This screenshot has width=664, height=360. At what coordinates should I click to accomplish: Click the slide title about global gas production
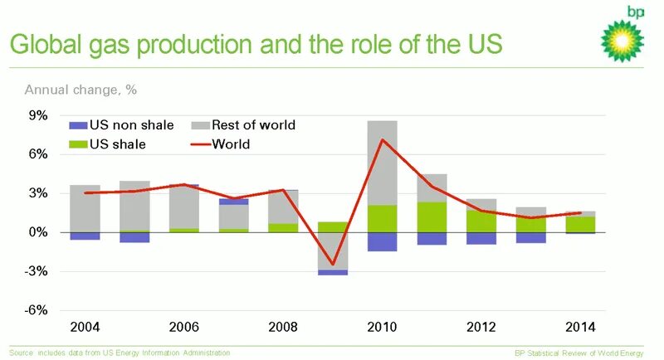click(256, 43)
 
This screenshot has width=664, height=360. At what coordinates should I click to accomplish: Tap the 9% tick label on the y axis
click(38, 115)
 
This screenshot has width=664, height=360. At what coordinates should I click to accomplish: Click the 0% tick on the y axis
click(38, 232)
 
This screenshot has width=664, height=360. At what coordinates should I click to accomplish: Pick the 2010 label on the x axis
click(383, 327)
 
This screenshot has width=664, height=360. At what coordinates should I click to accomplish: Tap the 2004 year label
click(85, 327)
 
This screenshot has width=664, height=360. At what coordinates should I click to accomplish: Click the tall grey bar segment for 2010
click(383, 162)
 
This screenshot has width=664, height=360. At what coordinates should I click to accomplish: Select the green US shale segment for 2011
click(432, 217)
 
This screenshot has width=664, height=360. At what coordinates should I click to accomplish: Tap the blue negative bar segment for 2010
click(383, 241)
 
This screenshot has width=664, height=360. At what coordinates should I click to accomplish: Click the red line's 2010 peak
click(383, 139)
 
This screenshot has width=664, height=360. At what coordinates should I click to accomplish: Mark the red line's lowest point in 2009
click(333, 265)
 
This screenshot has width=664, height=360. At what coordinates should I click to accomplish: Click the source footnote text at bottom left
click(120, 353)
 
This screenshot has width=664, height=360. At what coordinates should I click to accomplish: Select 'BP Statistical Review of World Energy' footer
click(579, 353)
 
